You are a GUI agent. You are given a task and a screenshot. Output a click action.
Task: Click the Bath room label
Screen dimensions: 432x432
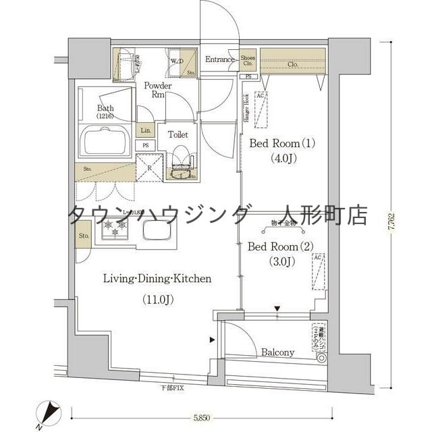(105, 111)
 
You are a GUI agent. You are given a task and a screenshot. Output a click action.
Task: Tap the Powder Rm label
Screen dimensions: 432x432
(157, 90)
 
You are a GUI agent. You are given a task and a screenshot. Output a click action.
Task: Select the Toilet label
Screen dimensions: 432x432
(178, 134)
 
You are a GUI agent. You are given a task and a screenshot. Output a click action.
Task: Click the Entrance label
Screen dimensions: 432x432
(219, 59)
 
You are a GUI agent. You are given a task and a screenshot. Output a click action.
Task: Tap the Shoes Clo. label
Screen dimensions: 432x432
(248, 61)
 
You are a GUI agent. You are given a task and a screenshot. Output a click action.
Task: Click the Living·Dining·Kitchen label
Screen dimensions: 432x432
(157, 278)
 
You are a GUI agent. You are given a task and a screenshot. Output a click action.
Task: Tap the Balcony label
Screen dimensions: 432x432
(277, 352)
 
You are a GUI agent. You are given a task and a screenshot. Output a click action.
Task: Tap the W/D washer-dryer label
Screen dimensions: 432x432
(177, 61)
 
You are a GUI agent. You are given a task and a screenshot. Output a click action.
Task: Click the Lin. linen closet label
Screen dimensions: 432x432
(145, 130)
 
